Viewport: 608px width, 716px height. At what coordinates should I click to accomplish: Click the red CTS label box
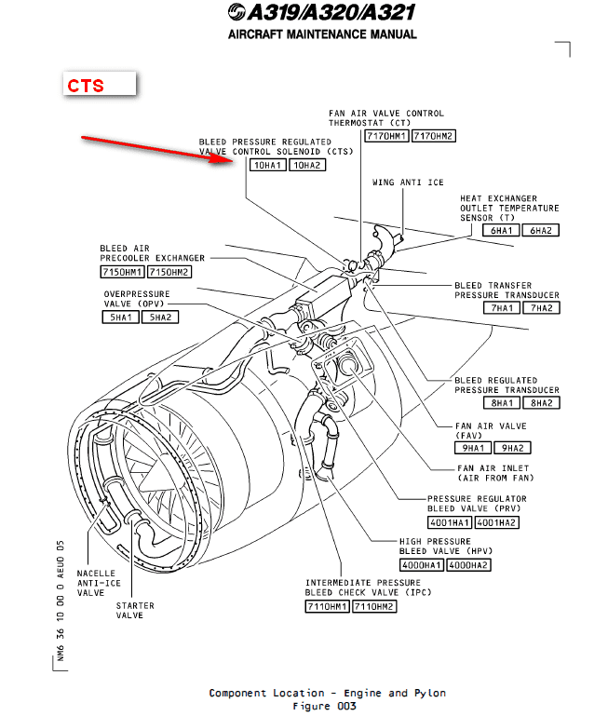pos(100,85)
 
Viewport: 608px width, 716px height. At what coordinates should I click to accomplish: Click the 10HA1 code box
pos(268,165)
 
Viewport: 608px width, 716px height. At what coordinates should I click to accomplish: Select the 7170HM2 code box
pos(434,136)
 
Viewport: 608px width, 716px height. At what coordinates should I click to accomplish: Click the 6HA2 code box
pos(539,230)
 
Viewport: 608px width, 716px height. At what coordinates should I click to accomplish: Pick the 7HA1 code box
pos(500,308)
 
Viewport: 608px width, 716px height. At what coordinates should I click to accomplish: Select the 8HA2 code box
pos(539,403)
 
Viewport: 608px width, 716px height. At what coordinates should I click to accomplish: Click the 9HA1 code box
pos(473,448)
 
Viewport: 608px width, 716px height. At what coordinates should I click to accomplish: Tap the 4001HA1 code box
pos(450,522)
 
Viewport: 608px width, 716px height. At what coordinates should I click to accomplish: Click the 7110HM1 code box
pos(327,607)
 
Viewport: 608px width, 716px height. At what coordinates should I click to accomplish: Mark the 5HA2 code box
pos(158,317)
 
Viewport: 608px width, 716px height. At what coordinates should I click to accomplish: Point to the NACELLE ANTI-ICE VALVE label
pos(98,582)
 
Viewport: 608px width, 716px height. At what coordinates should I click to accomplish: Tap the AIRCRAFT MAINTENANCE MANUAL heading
pos(322,34)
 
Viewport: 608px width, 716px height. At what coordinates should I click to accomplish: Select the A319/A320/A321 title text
pos(319,12)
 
